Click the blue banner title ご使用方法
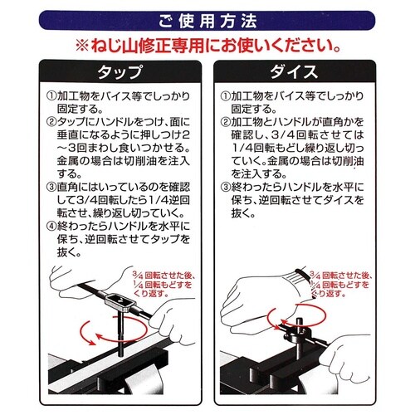pos(207,21)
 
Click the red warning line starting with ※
pos(207,46)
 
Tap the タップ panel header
pos(120,71)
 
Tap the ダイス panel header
pos(294,71)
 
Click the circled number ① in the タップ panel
pos(51,96)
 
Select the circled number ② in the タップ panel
pos(51,122)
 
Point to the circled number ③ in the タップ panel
pos(51,188)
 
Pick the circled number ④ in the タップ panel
pos(51,227)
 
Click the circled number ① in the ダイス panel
pos(226,96)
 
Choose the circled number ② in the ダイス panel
pos(226,122)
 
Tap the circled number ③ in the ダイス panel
pos(226,188)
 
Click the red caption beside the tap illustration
pos(164,284)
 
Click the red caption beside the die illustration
pos(341,284)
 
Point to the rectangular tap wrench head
pos(120,300)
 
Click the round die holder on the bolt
pos(296,334)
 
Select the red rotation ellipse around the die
pos(296,305)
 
